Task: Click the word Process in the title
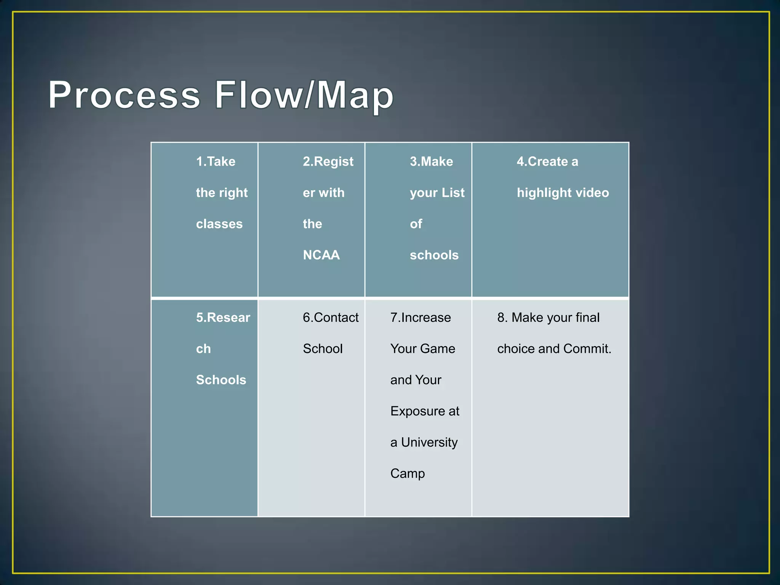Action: [x=124, y=95]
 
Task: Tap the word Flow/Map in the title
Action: [x=304, y=95]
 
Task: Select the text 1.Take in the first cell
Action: [x=216, y=161]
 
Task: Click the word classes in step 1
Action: [x=219, y=224]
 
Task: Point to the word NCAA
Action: [x=321, y=255]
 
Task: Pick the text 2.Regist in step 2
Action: [x=328, y=161]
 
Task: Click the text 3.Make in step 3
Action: [x=431, y=161]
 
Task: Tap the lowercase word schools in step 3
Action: [x=434, y=255]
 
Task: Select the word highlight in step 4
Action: [x=543, y=193]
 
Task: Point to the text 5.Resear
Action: [x=223, y=318]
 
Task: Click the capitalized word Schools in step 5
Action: [x=221, y=380]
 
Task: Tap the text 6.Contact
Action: [x=331, y=318]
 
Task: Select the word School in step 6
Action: [x=323, y=349]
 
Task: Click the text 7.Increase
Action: [x=420, y=318]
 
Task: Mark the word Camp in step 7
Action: [x=408, y=474]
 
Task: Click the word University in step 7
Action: [x=429, y=443]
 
